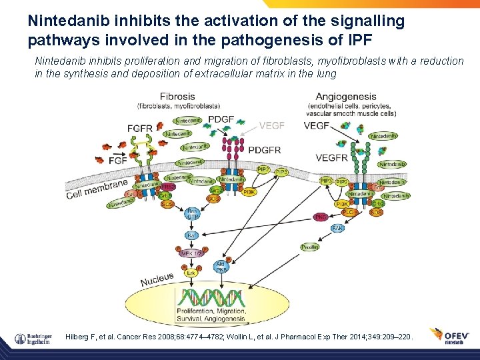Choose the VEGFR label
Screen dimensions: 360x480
pos(331,158)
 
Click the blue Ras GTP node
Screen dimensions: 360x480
pos(192,214)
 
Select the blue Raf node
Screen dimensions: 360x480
pos(192,235)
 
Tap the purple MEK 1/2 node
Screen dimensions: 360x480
pos(190,254)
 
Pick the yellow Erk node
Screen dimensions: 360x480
pos(191,273)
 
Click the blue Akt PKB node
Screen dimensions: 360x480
pos(221,267)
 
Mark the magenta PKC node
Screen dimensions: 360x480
pos(321,217)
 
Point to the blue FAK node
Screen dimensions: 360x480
pos(338,228)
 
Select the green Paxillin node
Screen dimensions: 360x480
pos(309,247)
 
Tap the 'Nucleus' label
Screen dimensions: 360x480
pos(157,280)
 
